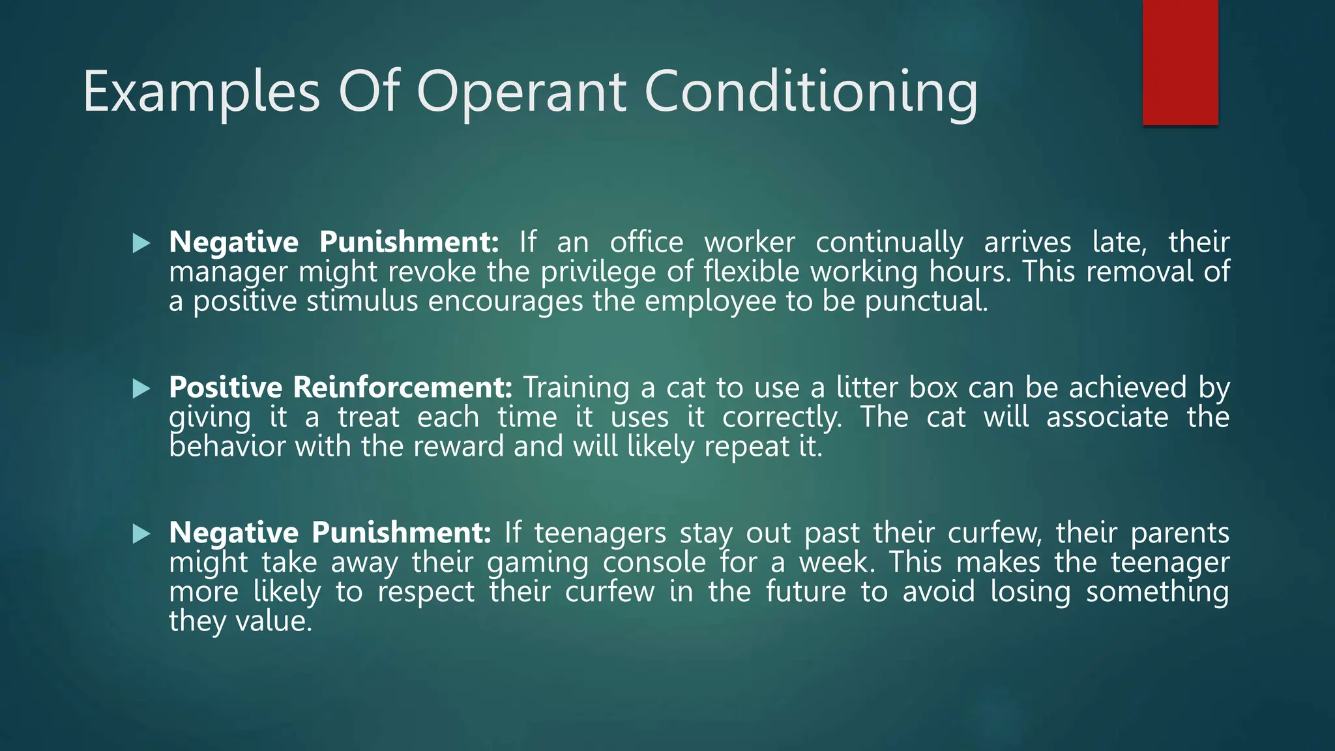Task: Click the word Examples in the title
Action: [x=201, y=93]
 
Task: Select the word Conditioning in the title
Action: [x=811, y=93]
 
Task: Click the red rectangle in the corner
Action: [x=1180, y=63]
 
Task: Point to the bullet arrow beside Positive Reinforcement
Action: [x=141, y=389]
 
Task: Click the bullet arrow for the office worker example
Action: [x=141, y=244]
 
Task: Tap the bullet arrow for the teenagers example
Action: [x=141, y=535]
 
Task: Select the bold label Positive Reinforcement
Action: [x=341, y=387]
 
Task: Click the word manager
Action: [x=227, y=272]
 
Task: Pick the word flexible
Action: [x=751, y=271]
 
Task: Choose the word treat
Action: [x=368, y=417]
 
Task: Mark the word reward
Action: [x=458, y=447]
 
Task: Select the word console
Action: [x=654, y=562]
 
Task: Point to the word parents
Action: [x=1179, y=533]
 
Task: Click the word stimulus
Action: [x=362, y=301]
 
